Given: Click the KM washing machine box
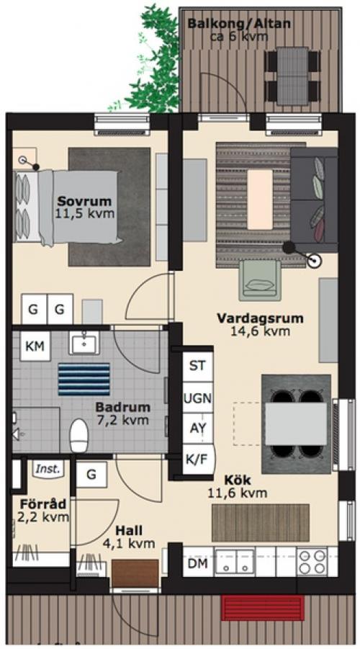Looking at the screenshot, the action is pos(35,346).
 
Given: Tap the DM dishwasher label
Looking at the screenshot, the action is pos(198,563).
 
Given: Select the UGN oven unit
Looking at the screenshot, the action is pos(198,398).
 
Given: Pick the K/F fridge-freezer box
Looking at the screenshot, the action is pos(198,459).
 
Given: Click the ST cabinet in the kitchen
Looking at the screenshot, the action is pos(198,367).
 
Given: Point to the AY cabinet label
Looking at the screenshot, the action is pos(198,429).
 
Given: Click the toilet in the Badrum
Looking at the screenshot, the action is pos(78,435).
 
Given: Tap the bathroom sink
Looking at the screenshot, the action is pos(84,343).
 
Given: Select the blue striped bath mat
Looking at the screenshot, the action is pos(84,379).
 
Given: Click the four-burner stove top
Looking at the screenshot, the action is pos(312,562).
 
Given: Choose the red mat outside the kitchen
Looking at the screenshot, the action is pos(262,608).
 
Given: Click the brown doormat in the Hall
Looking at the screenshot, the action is pos(135,573).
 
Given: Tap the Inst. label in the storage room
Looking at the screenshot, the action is pos(48,470).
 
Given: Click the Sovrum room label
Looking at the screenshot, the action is pos(84,202).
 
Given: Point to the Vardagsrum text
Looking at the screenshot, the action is pos(260,318).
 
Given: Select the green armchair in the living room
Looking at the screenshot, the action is pos(260,279).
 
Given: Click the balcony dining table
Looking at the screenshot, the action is pos(292,76).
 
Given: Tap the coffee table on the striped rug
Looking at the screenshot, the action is pos(260,199).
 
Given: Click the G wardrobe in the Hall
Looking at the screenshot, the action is pos(92,475).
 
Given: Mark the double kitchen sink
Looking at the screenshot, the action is pos(234,562).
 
